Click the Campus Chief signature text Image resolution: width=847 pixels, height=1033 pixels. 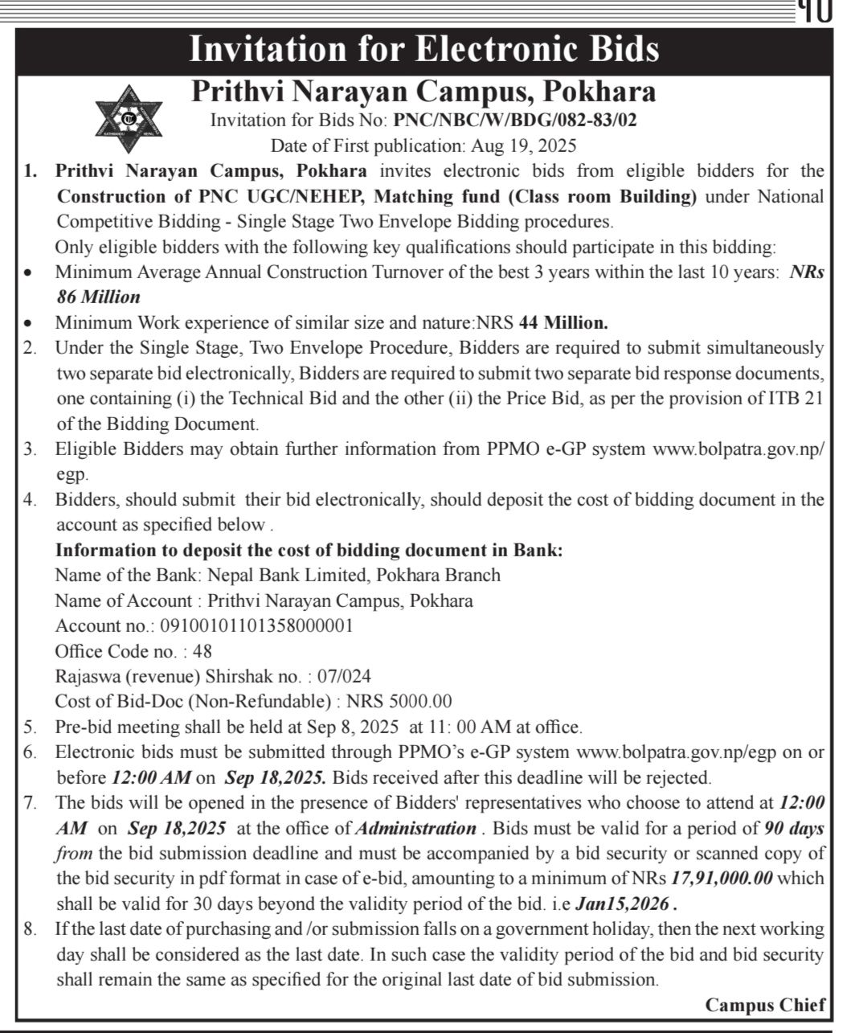(x=769, y=1005)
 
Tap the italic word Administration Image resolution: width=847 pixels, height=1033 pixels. (x=415, y=828)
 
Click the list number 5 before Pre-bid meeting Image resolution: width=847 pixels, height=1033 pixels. (x=30, y=727)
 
